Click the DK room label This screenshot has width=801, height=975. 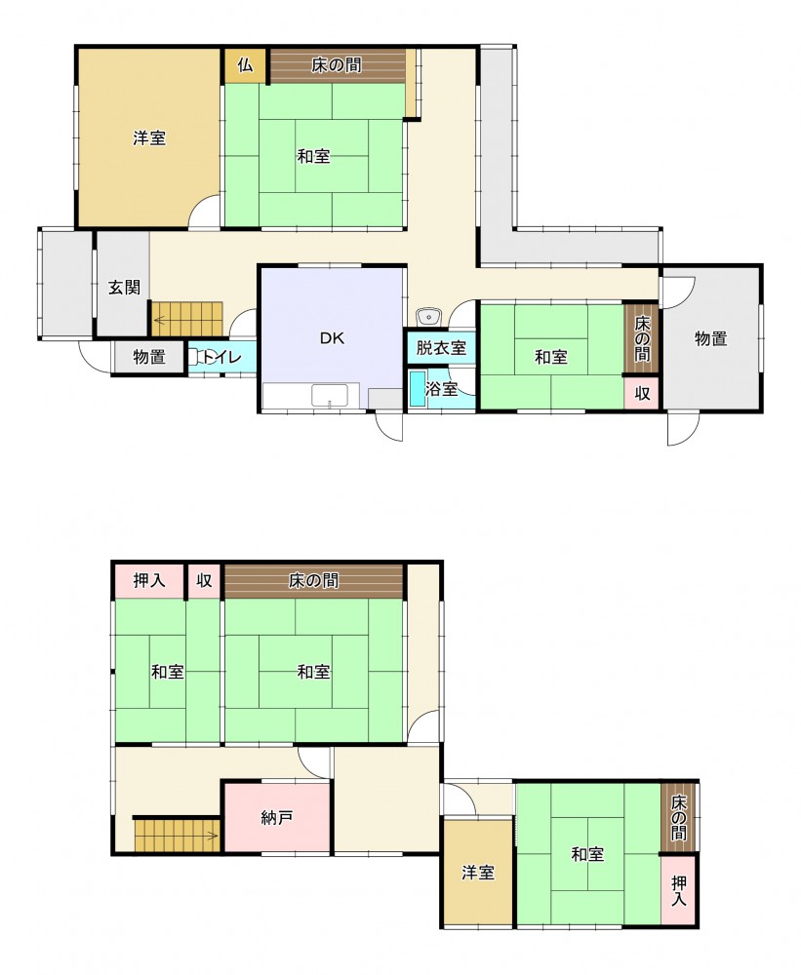tap(333, 338)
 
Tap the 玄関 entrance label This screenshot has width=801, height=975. tap(125, 288)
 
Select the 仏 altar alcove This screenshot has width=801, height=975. tap(245, 64)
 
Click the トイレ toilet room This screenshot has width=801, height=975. tap(221, 357)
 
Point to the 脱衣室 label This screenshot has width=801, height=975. tap(441, 347)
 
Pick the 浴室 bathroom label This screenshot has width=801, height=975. tap(442, 389)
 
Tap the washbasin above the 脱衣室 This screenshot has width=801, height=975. tap(427, 317)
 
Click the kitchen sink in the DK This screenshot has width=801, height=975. tap(329, 396)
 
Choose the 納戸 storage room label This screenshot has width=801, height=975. tap(277, 818)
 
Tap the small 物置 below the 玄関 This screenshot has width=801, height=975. tap(149, 357)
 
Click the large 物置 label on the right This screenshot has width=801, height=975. tap(711, 339)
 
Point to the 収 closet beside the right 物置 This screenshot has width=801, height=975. tap(642, 393)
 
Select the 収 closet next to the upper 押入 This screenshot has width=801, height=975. tap(204, 580)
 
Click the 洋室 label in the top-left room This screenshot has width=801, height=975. tap(149, 137)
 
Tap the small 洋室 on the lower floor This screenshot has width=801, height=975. tap(478, 873)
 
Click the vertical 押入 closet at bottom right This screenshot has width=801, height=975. tap(678, 890)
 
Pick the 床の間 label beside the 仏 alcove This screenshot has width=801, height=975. tap(336, 64)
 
